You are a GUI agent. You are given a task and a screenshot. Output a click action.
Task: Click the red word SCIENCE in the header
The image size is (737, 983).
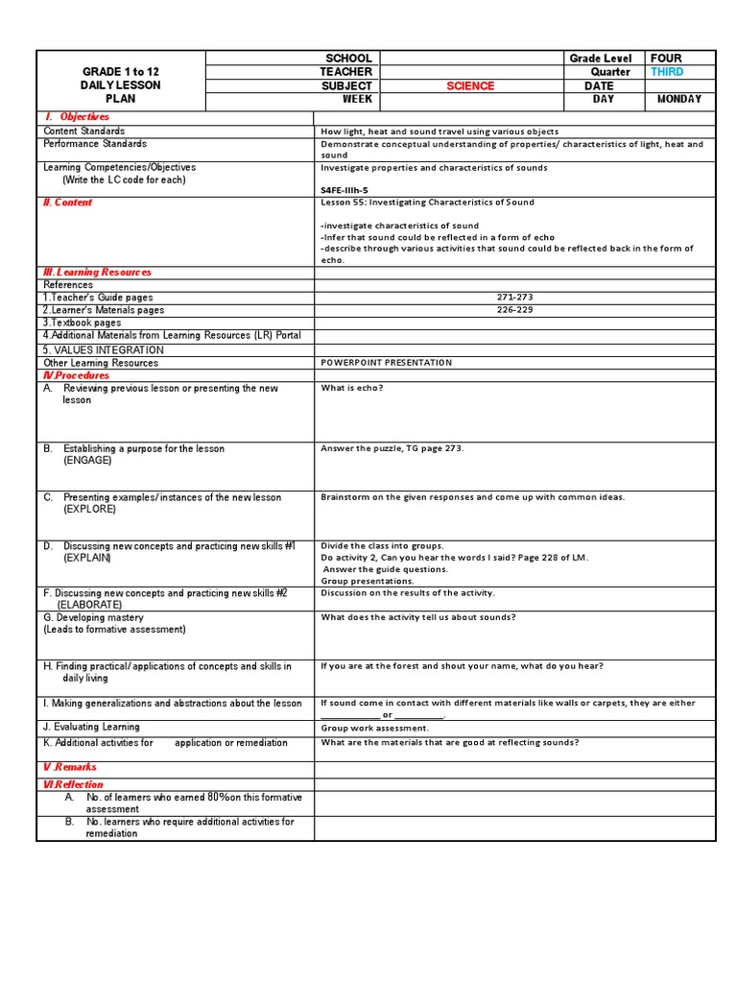(x=470, y=86)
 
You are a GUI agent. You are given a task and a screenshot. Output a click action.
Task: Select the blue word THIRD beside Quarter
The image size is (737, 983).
(x=667, y=72)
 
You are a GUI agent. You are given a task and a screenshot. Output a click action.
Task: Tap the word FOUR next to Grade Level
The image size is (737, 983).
(x=666, y=59)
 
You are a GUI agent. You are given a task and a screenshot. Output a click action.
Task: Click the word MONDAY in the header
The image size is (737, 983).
(x=678, y=99)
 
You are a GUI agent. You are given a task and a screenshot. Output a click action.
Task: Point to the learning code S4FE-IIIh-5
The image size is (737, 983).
(x=344, y=190)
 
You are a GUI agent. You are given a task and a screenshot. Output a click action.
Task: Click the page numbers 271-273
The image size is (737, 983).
(x=514, y=298)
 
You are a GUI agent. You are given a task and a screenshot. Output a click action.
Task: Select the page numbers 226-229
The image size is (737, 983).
(x=514, y=310)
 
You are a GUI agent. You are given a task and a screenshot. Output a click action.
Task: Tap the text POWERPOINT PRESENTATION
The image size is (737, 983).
(x=386, y=363)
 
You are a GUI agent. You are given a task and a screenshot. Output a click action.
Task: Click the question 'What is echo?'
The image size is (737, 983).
(x=352, y=388)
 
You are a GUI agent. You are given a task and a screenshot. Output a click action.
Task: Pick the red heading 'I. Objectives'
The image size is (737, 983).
(x=78, y=117)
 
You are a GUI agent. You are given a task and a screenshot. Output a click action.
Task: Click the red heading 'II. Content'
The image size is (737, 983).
(x=68, y=203)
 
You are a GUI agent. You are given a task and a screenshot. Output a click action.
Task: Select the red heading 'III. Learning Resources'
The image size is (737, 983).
(x=97, y=273)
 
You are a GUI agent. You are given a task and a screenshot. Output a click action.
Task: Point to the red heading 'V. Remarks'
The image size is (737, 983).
(x=70, y=767)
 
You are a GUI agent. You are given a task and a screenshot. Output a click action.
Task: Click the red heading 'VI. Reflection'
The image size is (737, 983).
(x=73, y=784)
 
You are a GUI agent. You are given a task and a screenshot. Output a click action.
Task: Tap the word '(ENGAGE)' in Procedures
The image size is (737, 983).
(x=87, y=461)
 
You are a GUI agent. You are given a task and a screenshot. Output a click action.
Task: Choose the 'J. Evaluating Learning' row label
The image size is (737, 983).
(x=91, y=727)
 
